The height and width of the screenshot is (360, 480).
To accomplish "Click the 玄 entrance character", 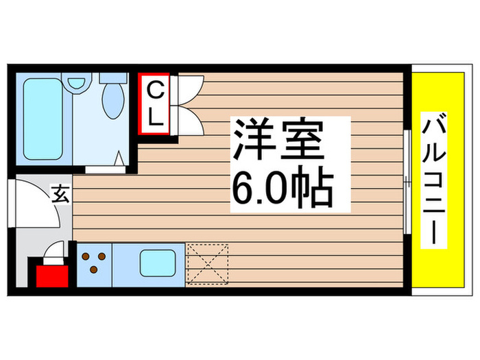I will (x=60, y=195).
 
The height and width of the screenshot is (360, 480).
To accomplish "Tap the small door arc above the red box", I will (x=54, y=253).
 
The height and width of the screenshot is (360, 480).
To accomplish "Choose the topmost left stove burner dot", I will (x=87, y=256).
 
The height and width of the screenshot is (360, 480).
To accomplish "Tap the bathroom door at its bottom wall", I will (x=104, y=165).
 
